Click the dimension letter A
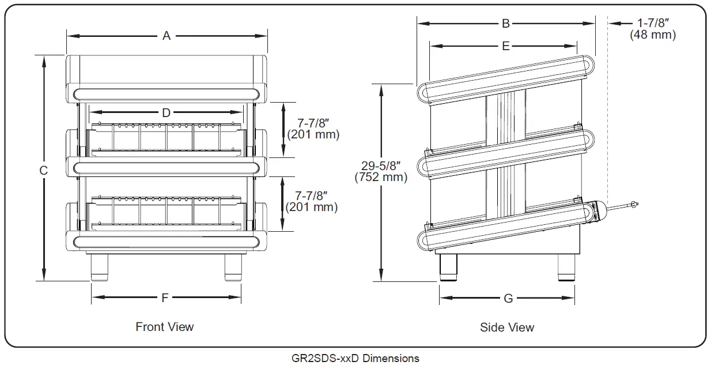[x=167, y=36]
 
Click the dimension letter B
[x=505, y=23]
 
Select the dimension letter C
[x=43, y=170]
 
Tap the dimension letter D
[x=166, y=113]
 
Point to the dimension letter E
[x=505, y=46]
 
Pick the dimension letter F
[x=165, y=298]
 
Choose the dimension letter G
[x=508, y=299]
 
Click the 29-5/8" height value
[x=381, y=165]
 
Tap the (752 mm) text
[x=381, y=178]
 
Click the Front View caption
[x=165, y=327]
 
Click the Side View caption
[x=507, y=327]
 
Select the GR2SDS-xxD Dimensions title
[x=355, y=359]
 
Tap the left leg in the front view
[x=100, y=268]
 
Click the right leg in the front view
[x=233, y=268]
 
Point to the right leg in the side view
[x=566, y=268]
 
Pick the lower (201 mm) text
[x=312, y=206]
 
